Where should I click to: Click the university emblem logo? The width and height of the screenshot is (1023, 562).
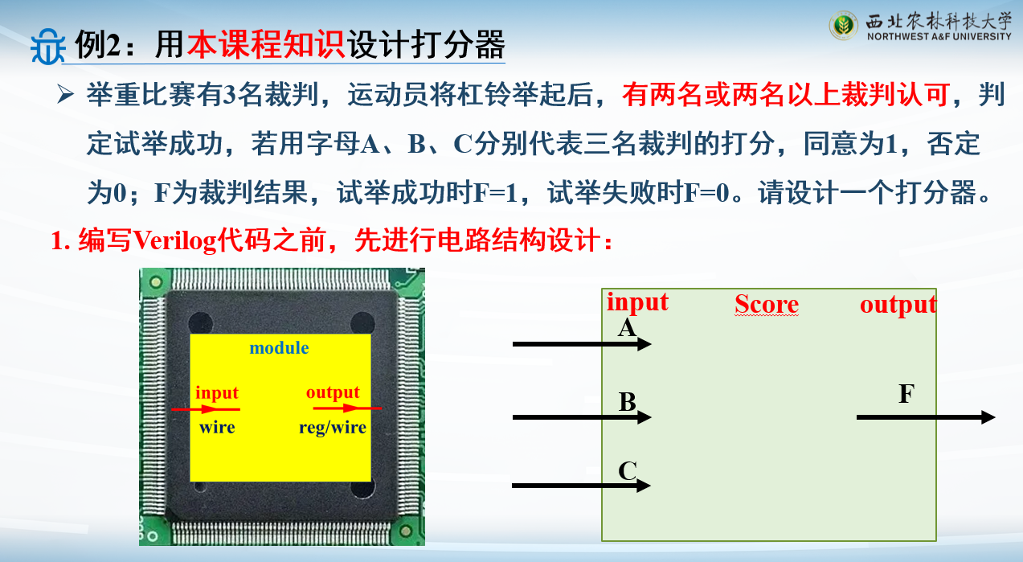point(843,25)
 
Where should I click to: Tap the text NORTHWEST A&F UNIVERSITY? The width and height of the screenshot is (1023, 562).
point(939,36)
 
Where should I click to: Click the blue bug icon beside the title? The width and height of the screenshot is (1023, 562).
point(47,46)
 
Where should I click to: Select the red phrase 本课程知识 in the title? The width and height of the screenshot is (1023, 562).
point(265,45)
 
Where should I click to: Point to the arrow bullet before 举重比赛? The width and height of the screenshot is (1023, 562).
point(65,95)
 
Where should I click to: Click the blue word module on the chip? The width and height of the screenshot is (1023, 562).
point(279,347)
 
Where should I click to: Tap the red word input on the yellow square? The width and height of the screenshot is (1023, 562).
point(217,393)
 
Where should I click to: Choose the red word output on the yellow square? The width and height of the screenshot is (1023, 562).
point(333,392)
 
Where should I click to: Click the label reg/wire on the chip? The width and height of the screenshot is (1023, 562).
point(333,427)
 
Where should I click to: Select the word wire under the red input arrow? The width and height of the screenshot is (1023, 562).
point(217,427)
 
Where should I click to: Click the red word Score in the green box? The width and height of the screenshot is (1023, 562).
point(767,304)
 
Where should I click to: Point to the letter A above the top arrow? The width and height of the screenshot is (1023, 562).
point(627,327)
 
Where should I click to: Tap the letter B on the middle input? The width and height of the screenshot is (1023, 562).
point(628,402)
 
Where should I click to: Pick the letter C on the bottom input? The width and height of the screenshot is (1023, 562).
point(628,470)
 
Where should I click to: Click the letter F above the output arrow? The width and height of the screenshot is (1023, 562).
point(906,393)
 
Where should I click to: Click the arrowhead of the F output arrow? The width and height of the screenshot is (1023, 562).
point(988,417)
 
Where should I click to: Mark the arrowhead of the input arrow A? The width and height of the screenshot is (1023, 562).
point(644,344)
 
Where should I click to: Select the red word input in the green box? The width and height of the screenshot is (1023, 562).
point(637,303)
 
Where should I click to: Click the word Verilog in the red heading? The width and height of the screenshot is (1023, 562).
point(174,240)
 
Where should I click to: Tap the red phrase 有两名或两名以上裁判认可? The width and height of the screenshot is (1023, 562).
point(786,95)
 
